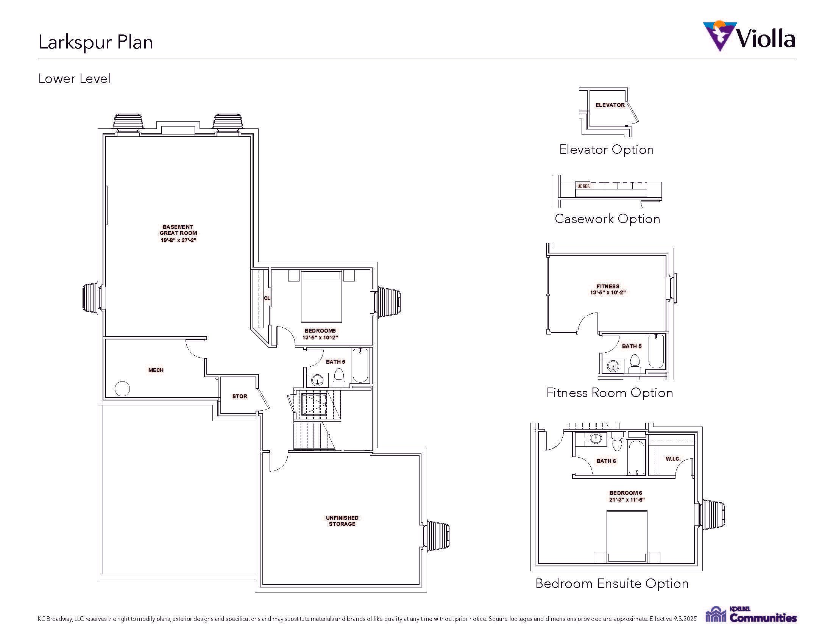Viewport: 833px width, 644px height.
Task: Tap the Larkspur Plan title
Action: coord(96,42)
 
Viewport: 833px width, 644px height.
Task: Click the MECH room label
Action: coord(156,370)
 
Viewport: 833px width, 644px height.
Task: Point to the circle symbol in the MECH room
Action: coord(122,389)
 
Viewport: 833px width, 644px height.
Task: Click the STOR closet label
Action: coord(240,396)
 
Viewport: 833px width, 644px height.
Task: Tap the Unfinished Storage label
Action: coord(342,521)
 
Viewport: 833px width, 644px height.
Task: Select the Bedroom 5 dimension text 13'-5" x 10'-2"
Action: coord(320,338)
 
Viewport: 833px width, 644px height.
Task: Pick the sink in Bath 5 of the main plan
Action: coord(317,380)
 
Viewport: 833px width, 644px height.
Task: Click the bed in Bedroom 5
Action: coord(321,296)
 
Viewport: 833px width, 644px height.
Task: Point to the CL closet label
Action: coord(267,298)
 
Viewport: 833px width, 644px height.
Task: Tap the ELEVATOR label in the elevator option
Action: coord(610,105)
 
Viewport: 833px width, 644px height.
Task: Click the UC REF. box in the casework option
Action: coord(583,186)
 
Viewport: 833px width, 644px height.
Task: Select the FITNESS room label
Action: coord(608,286)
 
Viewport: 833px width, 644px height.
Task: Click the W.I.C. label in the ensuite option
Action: coord(673,459)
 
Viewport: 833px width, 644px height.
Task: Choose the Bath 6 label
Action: coord(606,461)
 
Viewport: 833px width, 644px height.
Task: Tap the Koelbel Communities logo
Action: coord(750,614)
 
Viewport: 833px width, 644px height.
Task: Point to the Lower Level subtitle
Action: coord(75,78)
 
